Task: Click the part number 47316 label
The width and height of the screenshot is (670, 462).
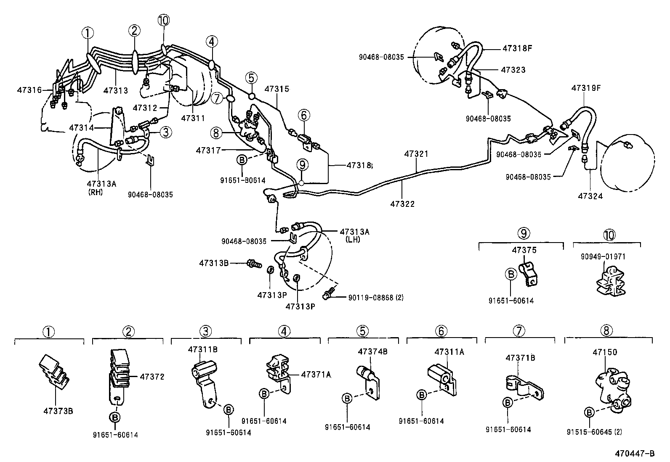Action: pos(29,90)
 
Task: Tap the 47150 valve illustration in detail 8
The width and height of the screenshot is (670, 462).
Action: pos(613,388)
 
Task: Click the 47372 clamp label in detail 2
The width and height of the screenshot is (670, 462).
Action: pos(151,377)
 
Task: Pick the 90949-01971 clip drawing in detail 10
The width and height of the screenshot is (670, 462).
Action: pos(608,280)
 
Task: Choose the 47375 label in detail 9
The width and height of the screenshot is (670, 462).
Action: pos(524,250)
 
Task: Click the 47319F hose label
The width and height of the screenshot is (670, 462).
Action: pos(585,88)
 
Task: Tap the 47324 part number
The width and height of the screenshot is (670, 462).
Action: pos(590,196)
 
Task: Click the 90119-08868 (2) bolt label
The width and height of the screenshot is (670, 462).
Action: pos(375,298)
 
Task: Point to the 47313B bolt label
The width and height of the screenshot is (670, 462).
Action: pos(213,263)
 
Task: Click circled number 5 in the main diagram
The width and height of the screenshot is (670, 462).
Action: pos(251,77)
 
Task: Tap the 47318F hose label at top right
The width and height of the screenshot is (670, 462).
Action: pos(517,48)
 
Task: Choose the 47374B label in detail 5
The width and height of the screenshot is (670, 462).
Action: pos(372,351)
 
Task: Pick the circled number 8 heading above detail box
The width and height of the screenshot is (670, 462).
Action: pos(606,331)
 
